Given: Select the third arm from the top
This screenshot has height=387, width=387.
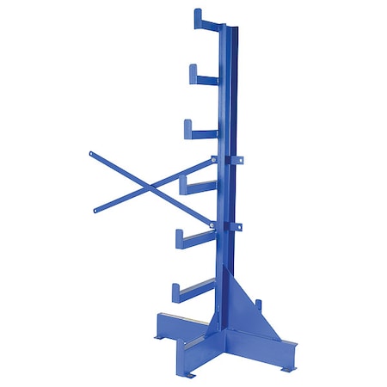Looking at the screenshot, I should point(203,133).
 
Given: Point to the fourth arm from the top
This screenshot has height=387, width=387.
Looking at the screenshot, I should point(200,186).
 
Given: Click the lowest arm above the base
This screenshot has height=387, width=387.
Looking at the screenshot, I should point(193,291).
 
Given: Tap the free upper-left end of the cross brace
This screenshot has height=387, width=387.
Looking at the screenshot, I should point(91,155).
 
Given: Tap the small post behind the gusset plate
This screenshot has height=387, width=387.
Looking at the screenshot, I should point(259,306).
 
